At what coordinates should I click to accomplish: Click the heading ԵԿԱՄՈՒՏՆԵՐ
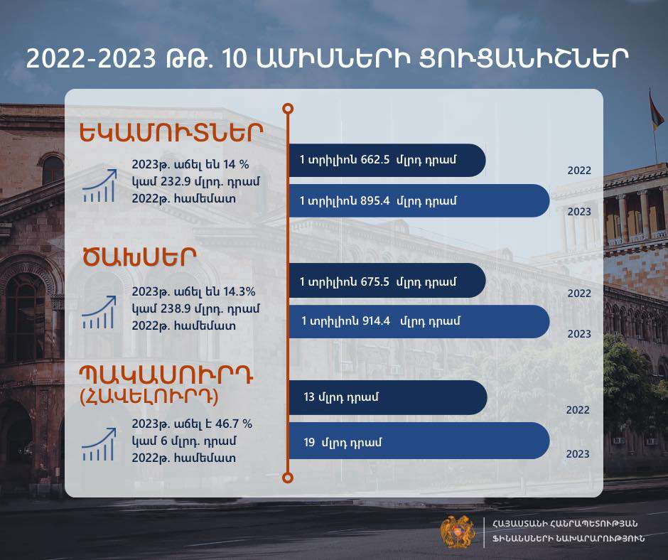tap(171, 133)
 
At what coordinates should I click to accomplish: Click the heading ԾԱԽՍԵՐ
tap(139, 257)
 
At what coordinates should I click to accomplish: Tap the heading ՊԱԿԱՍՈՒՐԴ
tap(166, 375)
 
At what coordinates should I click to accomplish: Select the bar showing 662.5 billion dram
tap(387, 160)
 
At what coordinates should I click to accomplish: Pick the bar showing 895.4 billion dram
tap(419, 200)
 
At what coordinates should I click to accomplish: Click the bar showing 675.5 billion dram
tap(387, 281)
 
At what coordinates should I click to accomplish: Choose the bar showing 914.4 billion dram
tap(419, 321)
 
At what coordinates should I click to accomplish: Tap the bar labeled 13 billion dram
tap(388, 397)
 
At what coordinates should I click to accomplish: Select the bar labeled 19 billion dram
tap(419, 441)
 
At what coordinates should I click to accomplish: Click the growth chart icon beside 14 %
tap(99, 185)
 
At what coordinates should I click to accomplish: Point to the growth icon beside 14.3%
tap(98, 313)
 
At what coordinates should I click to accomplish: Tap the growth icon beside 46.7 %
tap(98, 444)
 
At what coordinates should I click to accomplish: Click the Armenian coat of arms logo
tap(458, 532)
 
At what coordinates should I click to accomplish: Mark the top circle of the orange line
tap(288, 109)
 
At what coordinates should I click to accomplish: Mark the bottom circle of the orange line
tap(288, 478)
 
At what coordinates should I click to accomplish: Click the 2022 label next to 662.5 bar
tap(579, 171)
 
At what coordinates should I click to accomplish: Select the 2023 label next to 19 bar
tap(578, 454)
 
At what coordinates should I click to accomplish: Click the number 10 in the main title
tap(235, 59)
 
